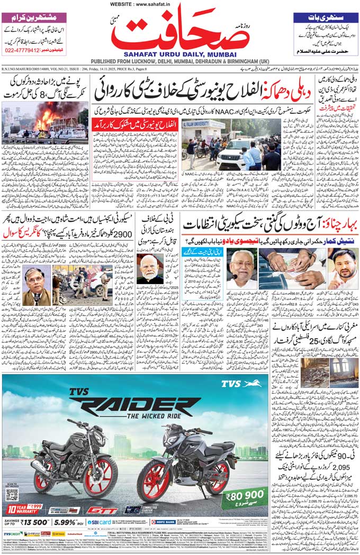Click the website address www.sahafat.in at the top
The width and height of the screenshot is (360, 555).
[180, 4]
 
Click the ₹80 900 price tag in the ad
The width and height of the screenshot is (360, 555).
[246, 496]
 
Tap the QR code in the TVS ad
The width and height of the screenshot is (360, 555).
[12, 494]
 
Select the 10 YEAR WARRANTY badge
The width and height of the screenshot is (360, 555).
[24, 511]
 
